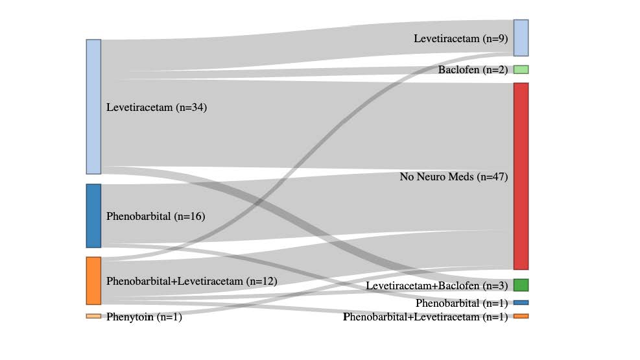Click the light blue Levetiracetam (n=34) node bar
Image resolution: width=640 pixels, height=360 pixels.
coord(93,107)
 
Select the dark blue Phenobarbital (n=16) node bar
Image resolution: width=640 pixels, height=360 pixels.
coord(93,216)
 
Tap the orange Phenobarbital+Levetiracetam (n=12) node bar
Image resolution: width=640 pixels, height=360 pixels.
coord(93,281)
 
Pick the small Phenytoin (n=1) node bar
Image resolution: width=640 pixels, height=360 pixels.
coord(93,316)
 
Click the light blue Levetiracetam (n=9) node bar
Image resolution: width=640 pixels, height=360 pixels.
coord(521,38)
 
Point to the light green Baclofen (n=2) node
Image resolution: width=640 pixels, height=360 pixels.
coord(521,69)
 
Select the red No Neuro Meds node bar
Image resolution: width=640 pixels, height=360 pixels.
coord(521,176)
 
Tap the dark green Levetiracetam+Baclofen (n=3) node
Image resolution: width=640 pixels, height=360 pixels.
coord(521,285)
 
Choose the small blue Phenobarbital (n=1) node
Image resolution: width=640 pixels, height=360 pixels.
coord(521,302)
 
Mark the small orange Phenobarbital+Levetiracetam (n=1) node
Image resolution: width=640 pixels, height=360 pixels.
coord(521,316)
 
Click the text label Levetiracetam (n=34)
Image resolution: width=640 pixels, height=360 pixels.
coord(157,107)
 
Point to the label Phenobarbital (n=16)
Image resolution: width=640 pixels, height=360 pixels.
coord(156,216)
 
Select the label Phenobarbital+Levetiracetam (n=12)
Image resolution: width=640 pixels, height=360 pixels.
coord(192,282)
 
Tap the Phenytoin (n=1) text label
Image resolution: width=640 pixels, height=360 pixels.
coord(144,317)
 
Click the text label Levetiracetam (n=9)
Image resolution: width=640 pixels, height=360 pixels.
coord(461,38)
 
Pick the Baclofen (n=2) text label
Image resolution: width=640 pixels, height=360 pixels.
coord(473,70)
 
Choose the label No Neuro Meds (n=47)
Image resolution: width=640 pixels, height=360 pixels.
coord(454,176)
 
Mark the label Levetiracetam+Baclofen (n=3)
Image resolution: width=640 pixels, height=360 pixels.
coord(437,285)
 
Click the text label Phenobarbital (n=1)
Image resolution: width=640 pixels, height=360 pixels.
coord(462,304)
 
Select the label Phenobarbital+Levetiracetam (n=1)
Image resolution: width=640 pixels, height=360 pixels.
coord(425,317)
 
